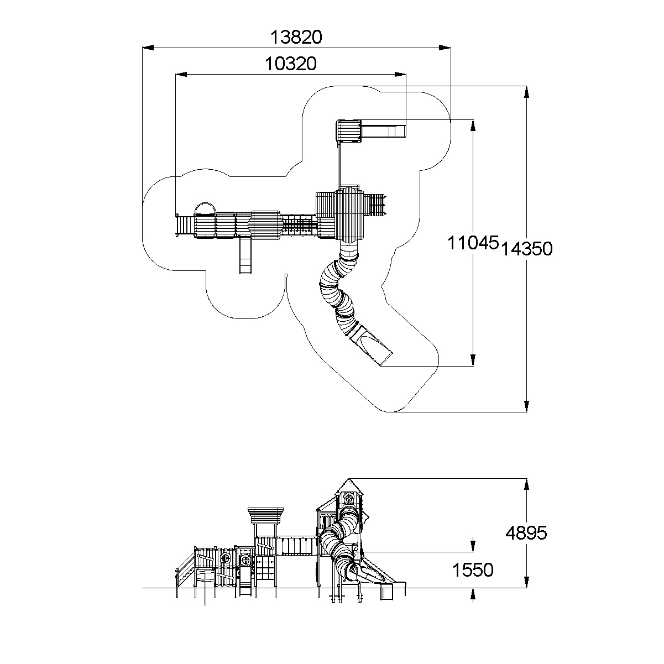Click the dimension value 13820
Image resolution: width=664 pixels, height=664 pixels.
pos(296,37)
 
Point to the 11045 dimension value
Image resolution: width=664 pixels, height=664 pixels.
pos(473,243)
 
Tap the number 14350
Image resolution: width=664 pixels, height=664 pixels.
pos(527,249)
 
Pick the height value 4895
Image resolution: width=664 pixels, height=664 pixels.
pos(527,533)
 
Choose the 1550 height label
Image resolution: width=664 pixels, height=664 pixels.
pos(473,569)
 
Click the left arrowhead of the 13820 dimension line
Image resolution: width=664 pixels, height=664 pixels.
pos(148,48)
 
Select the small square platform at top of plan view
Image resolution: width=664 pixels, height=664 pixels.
pos(348,132)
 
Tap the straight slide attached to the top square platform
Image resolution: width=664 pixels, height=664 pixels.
pos(383,132)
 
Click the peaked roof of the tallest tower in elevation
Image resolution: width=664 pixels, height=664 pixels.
pos(348,487)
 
